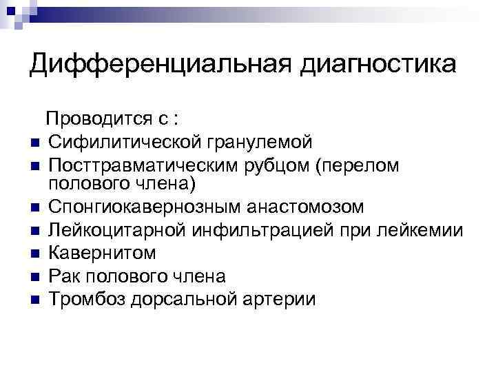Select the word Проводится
tap(99, 119)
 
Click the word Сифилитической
tap(123, 142)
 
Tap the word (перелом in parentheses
tap(359, 165)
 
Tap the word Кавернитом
tap(102, 253)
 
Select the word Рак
tap(65, 276)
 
